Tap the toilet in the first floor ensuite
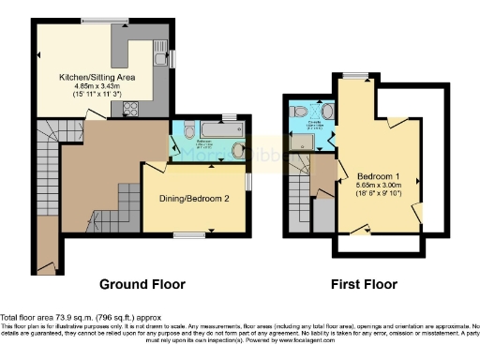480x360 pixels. [300, 112]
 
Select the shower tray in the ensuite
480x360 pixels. [304, 142]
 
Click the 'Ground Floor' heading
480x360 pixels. [142, 284]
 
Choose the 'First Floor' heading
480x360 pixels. [366, 284]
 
